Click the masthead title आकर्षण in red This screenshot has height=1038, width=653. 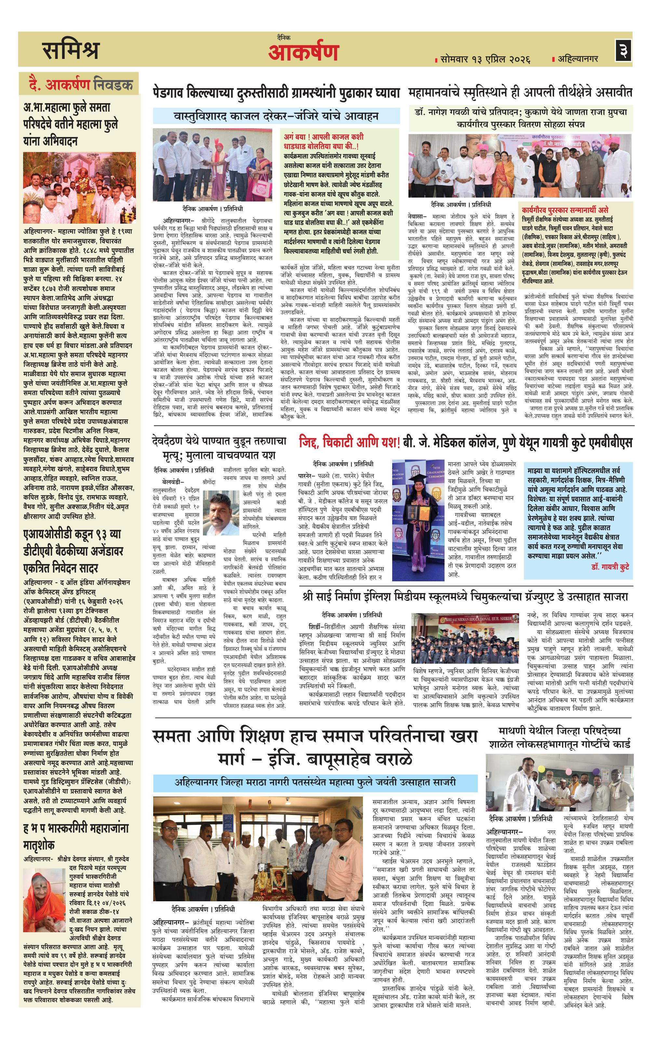coord(303,53)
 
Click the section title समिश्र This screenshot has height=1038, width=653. coord(72,50)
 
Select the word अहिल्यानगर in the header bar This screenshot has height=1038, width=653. coord(578,59)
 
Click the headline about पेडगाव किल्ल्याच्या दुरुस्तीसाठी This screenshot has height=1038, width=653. coord(276,93)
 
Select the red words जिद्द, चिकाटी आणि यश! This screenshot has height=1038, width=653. coord(349,443)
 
